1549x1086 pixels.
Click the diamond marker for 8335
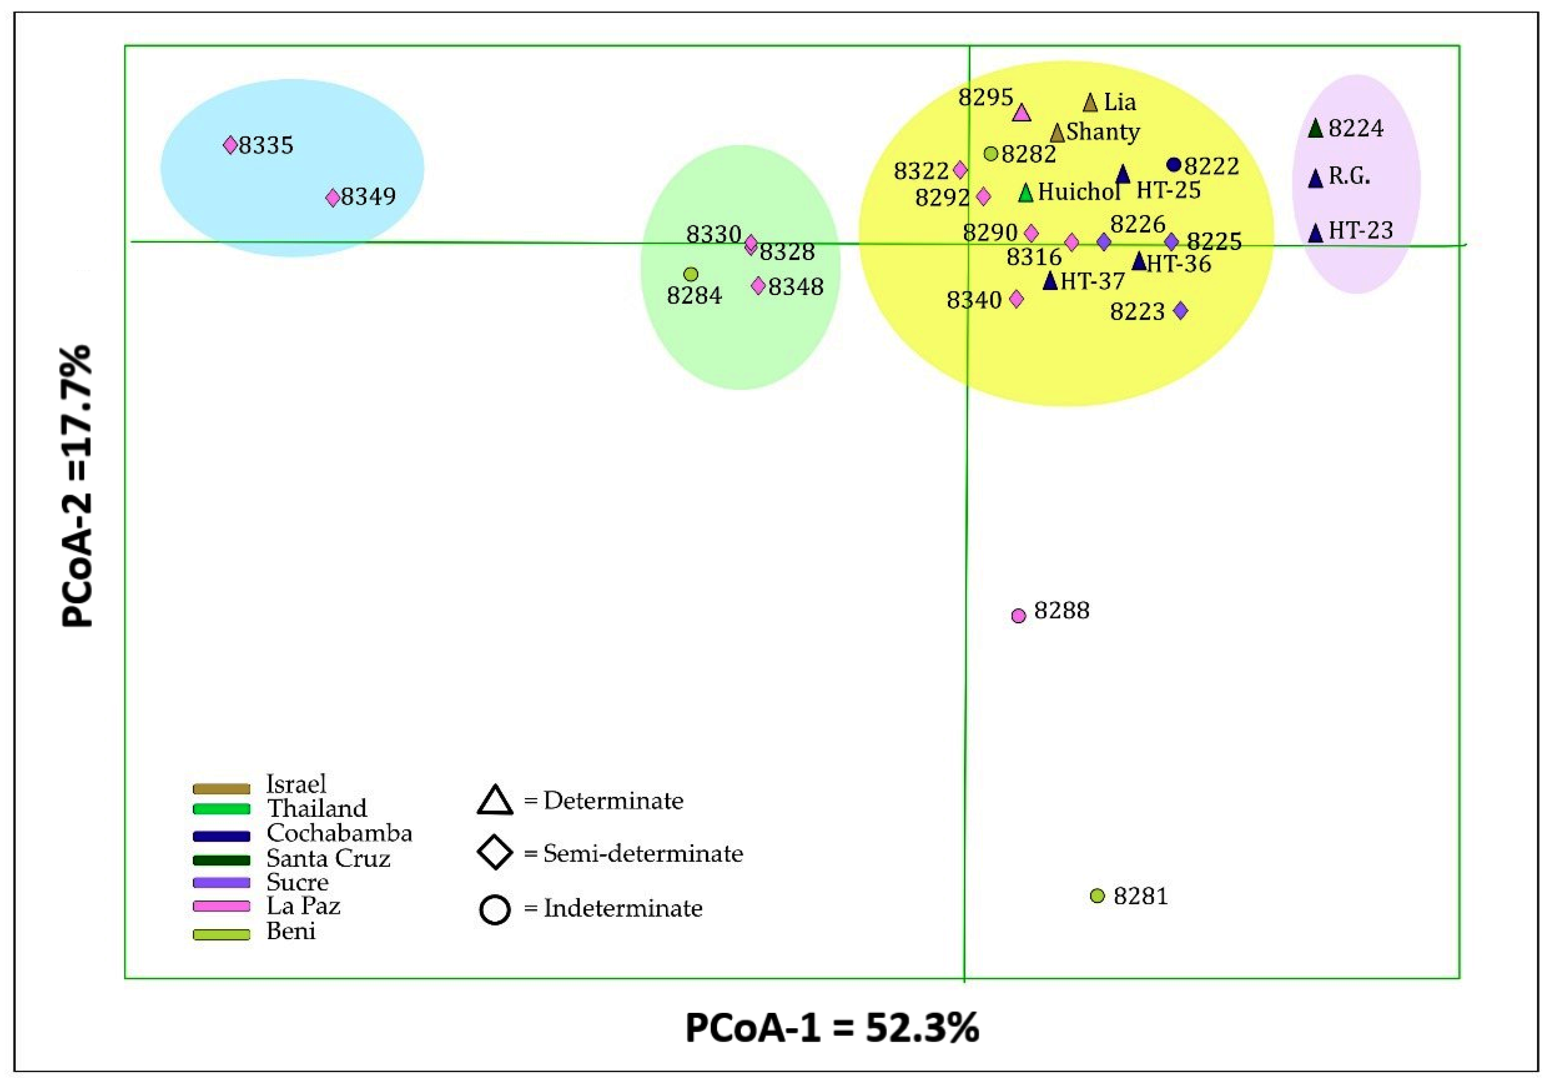pyautogui.click(x=230, y=145)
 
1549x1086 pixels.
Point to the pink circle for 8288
pyautogui.click(x=1019, y=615)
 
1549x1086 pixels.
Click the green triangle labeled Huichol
pyautogui.click(x=1026, y=193)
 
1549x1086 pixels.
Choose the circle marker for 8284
pyautogui.click(x=690, y=274)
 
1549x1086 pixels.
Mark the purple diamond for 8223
pyautogui.click(x=1180, y=311)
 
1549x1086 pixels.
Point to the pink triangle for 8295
pyautogui.click(x=1022, y=113)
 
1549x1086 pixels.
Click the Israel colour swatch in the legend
pyautogui.click(x=221, y=788)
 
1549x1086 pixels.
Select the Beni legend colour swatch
pyautogui.click(x=221, y=935)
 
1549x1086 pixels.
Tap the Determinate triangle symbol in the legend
pyautogui.click(x=495, y=801)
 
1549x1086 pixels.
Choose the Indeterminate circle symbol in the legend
pyautogui.click(x=495, y=909)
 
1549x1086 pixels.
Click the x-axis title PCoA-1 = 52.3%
pyautogui.click(x=832, y=1028)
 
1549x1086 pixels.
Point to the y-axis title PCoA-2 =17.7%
pyautogui.click(x=76, y=487)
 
